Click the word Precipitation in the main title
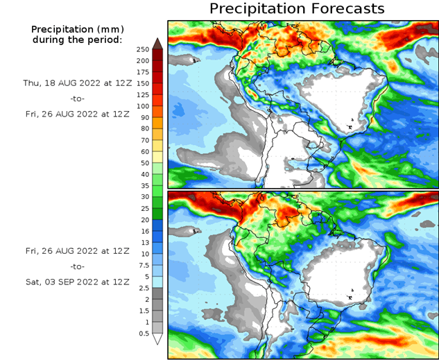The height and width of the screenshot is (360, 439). click(257, 8)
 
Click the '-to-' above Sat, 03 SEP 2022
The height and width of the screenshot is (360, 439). click(76, 266)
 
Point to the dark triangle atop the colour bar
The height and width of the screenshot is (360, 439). click(157, 43)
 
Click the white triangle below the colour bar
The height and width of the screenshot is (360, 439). click(157, 339)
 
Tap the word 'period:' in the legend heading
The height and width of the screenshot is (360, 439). click(105, 40)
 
